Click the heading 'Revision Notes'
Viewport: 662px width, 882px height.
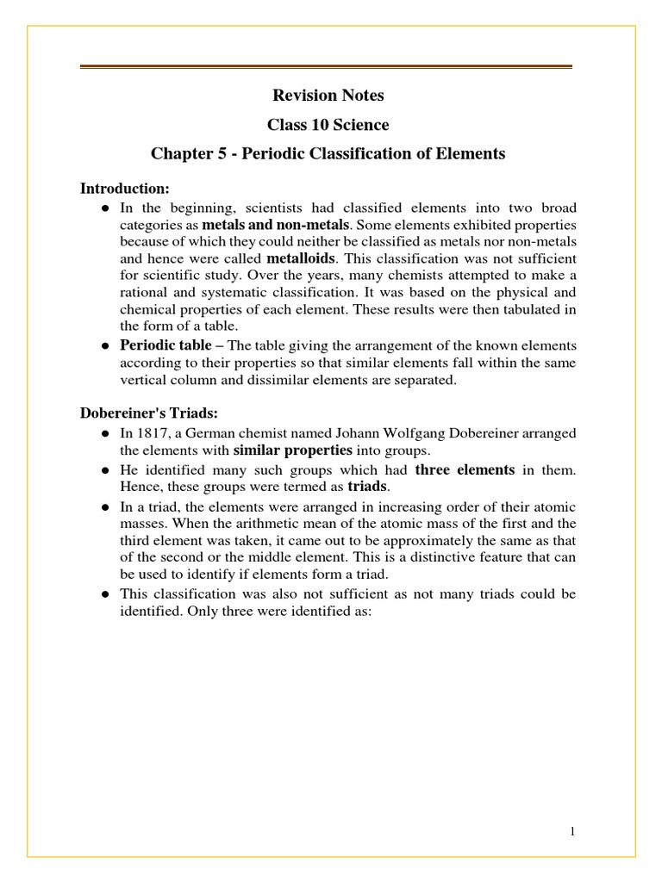(328, 96)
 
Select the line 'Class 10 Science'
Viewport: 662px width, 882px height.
(328, 125)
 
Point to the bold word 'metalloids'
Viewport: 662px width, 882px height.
(301, 258)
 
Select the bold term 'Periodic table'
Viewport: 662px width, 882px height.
(165, 345)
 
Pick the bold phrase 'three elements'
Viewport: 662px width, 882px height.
(465, 469)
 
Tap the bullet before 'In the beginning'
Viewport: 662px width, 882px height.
(104, 209)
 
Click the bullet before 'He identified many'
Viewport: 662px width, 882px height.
(104, 470)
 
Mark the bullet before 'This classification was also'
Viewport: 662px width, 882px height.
(104, 594)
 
